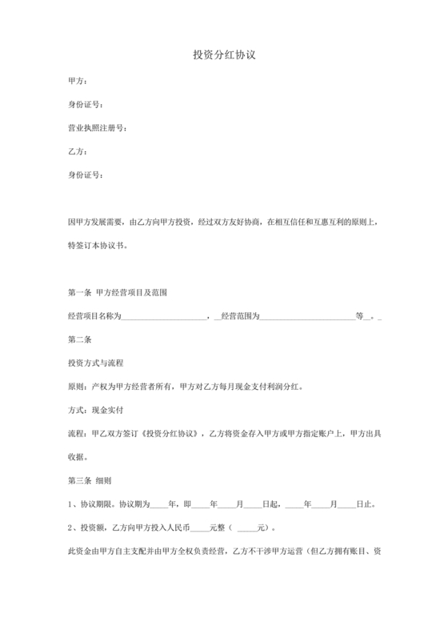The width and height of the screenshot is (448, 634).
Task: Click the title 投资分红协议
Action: tap(224, 55)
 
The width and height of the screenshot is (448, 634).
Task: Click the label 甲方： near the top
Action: tap(78, 81)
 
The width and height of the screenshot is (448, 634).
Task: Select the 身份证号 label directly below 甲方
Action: tap(86, 105)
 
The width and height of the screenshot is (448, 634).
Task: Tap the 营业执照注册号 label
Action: tap(97, 128)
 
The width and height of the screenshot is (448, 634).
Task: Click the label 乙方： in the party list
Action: tap(78, 151)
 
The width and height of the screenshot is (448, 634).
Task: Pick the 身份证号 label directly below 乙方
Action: tap(86, 175)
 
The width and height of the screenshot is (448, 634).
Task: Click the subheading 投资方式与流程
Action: tap(97, 363)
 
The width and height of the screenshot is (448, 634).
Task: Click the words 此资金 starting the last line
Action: tap(80, 552)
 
